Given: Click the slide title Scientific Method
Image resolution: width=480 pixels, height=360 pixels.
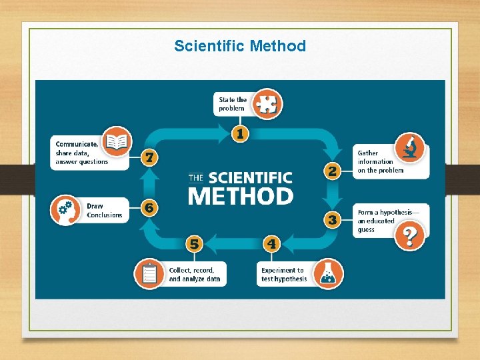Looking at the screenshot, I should (240, 46).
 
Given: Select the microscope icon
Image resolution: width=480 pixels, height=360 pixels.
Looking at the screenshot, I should (410, 147).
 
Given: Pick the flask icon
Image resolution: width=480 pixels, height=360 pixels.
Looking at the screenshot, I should (328, 273).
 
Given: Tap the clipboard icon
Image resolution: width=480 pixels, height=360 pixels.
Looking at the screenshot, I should (149, 274).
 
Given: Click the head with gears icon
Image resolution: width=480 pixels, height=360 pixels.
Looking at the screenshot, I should (65, 209).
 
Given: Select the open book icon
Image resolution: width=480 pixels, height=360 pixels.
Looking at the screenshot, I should (117, 141).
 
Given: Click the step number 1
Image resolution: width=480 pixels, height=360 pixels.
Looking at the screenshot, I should (239, 133).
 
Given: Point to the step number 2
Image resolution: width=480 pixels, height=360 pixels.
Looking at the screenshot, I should (331, 171).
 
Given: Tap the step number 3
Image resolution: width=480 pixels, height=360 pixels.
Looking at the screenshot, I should (331, 219).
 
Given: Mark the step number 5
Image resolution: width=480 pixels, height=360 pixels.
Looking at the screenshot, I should (194, 244).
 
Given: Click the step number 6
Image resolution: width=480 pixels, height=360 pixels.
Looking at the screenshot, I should (149, 208).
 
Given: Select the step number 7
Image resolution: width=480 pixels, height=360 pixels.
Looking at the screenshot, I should (151, 157).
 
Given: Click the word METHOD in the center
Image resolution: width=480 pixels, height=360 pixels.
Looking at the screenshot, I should (240, 196).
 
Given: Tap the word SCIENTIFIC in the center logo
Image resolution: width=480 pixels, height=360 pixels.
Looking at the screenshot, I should (250, 177).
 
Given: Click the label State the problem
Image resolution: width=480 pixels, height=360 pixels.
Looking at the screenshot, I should (233, 104).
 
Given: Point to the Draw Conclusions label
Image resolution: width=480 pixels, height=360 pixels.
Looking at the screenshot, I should (105, 211).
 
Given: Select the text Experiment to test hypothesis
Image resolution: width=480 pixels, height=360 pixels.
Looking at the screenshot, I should (284, 275).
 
